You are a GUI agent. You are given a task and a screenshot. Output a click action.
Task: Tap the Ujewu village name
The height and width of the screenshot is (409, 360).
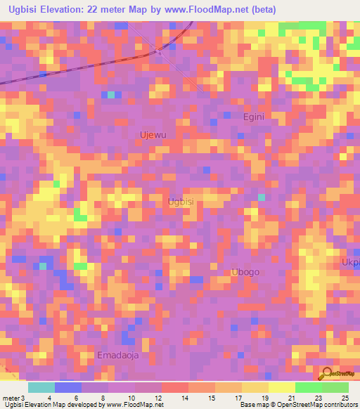[153, 134]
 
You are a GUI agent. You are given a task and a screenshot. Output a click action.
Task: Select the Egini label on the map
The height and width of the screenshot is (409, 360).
[253, 117]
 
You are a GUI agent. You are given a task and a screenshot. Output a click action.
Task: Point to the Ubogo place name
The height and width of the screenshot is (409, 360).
[245, 272]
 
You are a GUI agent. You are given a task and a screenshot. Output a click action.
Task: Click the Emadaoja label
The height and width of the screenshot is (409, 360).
[118, 355]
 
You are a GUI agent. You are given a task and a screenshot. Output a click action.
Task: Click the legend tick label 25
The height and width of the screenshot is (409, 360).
[344, 398]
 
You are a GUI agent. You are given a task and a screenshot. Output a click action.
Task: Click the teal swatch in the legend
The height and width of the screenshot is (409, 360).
[41, 387]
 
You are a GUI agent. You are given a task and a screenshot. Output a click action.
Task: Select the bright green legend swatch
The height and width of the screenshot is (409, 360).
[308, 387]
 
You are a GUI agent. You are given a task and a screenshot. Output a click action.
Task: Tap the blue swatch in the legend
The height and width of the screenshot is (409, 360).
[68, 387]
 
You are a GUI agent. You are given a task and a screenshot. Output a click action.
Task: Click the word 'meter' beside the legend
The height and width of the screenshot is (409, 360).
[11, 398]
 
